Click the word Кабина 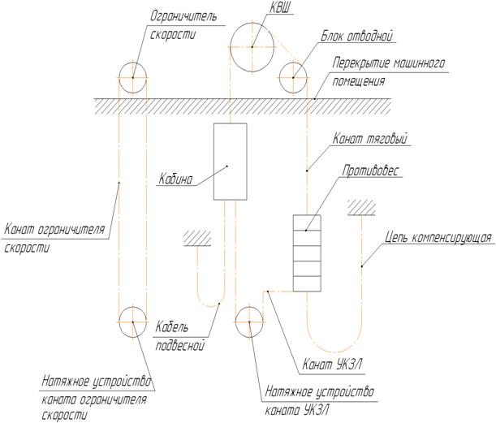click(175, 179)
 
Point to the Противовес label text click(371, 170)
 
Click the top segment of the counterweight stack click(307, 222)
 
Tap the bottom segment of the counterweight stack click(307, 284)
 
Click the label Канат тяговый click(370, 139)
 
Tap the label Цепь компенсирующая click(438, 238)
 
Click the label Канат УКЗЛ click(332, 365)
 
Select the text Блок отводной click(357, 37)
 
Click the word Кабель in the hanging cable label click(171, 327)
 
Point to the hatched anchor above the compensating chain click(361, 208)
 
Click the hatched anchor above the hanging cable click(197, 238)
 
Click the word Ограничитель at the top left click(183, 15)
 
